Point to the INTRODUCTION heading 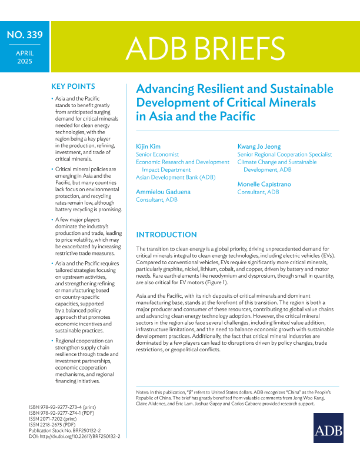166,234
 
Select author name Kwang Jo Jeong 259,146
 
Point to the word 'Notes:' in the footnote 143,391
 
